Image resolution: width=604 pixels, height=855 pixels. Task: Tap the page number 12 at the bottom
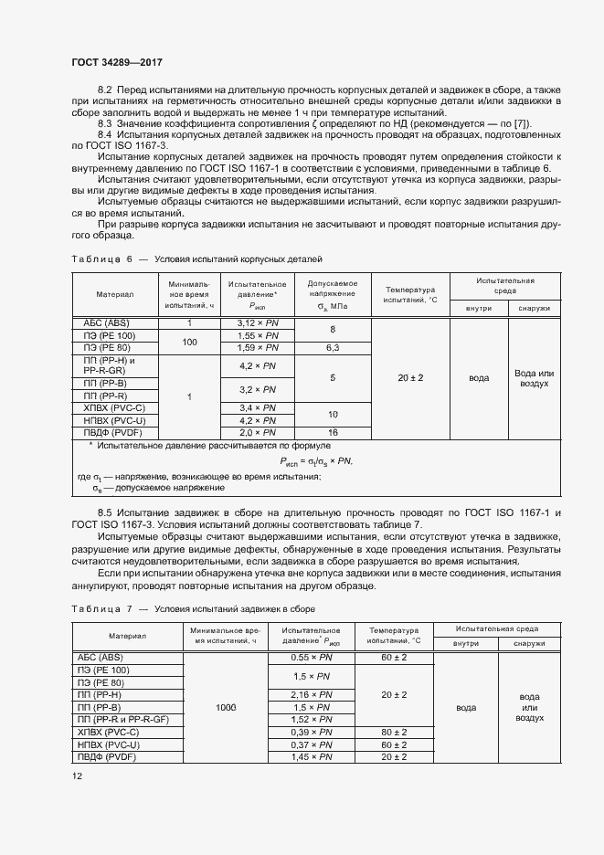[77, 776]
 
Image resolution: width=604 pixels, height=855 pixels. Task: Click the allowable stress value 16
[333, 432]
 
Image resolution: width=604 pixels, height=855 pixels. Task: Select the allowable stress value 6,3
[333, 348]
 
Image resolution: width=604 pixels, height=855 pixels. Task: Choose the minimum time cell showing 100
[189, 342]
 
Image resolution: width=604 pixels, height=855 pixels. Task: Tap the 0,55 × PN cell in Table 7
[310, 658]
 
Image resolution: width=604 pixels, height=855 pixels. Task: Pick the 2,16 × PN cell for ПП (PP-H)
[310, 695]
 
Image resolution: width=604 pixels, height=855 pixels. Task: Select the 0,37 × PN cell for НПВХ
[310, 744]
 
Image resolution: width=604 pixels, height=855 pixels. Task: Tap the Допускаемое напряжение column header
[333, 294]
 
